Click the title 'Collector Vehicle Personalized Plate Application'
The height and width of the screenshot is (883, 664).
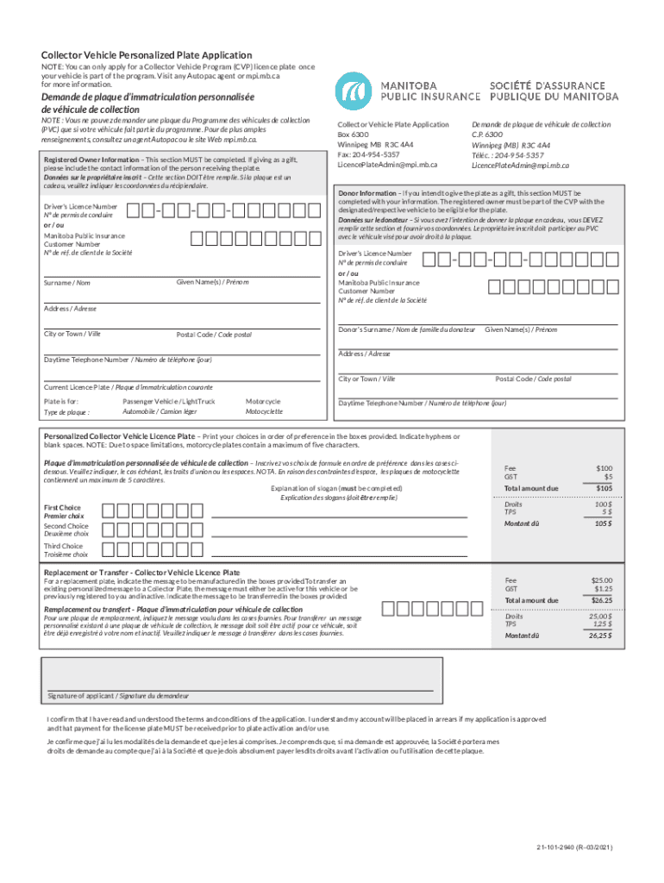pos(147,55)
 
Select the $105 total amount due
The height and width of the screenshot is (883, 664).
pos(603,488)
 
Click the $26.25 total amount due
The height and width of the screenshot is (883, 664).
pos(601,600)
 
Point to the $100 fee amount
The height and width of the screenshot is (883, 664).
pos(604,467)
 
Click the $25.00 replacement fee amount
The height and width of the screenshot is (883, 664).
pos(601,580)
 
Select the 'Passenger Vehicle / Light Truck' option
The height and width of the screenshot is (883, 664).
pos(169,401)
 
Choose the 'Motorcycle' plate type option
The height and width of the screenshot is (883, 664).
pos(263,401)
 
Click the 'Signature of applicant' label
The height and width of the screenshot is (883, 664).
pos(117,696)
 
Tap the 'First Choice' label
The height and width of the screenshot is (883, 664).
pos(62,507)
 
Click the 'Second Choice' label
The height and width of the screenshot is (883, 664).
pos(66,526)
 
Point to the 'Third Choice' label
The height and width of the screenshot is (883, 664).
pos(63,546)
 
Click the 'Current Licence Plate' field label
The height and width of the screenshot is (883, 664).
pos(128,387)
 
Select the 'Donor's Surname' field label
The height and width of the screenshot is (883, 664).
pos(406,329)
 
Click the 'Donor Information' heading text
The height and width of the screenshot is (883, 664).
pos(367,193)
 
